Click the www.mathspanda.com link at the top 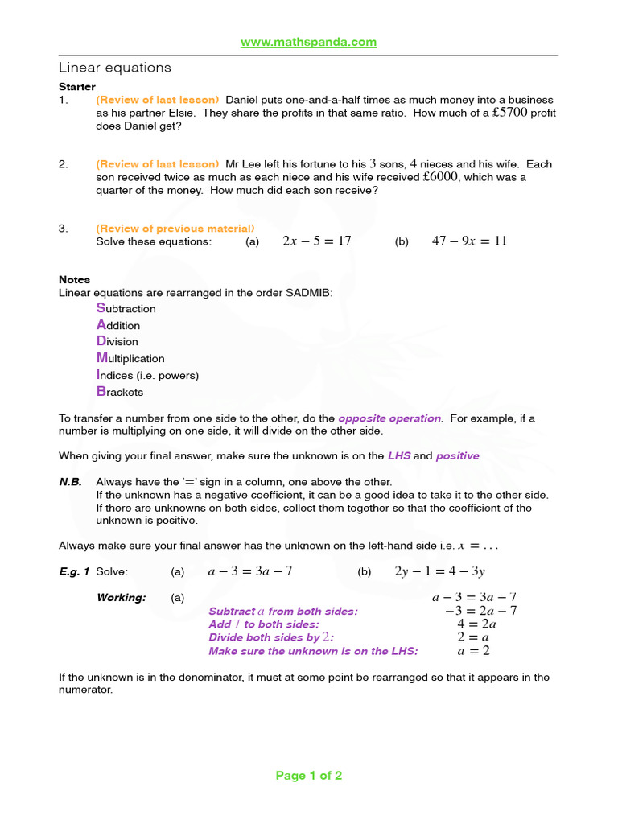tap(309, 42)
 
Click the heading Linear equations tap(115, 68)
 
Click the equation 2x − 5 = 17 tap(317, 241)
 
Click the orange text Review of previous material tap(175, 229)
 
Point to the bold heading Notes tap(74, 279)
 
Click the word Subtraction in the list tap(126, 308)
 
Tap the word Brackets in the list tap(120, 392)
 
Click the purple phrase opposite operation tap(390, 418)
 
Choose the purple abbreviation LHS tap(399, 455)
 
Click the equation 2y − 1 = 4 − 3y tap(440, 571)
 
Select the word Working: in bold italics tap(122, 597)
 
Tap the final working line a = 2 tap(474, 650)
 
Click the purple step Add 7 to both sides tap(264, 624)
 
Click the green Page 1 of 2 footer tap(309, 776)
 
